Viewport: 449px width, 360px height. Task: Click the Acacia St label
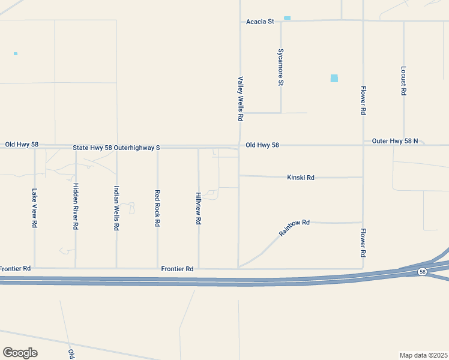[x=259, y=22]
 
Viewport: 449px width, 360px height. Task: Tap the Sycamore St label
[x=280, y=67]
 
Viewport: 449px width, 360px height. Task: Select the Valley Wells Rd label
[x=240, y=99]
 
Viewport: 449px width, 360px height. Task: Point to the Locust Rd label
[x=404, y=82]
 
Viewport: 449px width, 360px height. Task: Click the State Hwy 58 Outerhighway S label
[x=116, y=147]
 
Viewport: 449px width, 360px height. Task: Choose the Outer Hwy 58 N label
[x=394, y=141]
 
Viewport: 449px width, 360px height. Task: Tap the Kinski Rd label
[x=301, y=178]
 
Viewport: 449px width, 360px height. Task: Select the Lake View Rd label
[x=35, y=208]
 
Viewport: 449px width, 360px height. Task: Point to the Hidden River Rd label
[x=76, y=206]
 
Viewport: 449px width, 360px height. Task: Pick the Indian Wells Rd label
[x=116, y=208]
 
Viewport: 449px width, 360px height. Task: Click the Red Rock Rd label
[x=157, y=208]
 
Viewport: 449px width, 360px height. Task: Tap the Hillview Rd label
[x=198, y=208]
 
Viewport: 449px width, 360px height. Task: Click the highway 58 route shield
[x=423, y=272]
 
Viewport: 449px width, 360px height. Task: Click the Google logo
[x=20, y=353]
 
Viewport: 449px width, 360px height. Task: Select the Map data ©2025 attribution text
[x=423, y=355]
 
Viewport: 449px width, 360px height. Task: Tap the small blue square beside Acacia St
[x=287, y=18]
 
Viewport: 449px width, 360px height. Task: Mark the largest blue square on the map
[x=334, y=78]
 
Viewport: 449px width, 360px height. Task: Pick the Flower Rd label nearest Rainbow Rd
[x=363, y=243]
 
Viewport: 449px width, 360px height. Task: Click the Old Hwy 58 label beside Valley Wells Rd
[x=262, y=145]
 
